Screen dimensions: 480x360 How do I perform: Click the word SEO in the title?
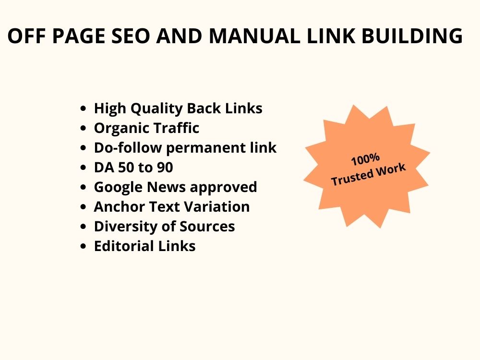(x=131, y=36)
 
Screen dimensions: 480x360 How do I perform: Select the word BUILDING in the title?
(x=412, y=36)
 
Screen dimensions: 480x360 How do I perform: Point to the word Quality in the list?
(x=156, y=109)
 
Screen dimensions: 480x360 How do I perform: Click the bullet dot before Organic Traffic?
(x=83, y=128)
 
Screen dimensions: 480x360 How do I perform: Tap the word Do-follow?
(x=128, y=147)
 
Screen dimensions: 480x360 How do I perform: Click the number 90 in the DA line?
(x=165, y=168)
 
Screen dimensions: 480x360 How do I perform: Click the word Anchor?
(x=119, y=206)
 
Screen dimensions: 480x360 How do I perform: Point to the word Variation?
(x=217, y=206)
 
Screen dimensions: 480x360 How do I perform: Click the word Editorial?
(x=123, y=246)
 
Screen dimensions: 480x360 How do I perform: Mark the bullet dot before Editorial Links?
(x=83, y=246)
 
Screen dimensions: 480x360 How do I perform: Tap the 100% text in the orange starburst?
(x=365, y=160)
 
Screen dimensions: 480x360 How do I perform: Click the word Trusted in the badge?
(x=352, y=178)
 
